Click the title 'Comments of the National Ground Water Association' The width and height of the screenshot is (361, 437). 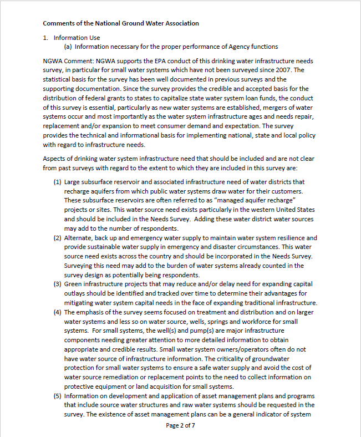tap(120, 23)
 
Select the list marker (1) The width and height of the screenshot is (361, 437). tap(58, 182)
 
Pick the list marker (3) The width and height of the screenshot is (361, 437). tap(58, 284)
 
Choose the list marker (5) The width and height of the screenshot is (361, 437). tap(58, 396)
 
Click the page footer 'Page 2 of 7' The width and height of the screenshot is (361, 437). tap(180, 425)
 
